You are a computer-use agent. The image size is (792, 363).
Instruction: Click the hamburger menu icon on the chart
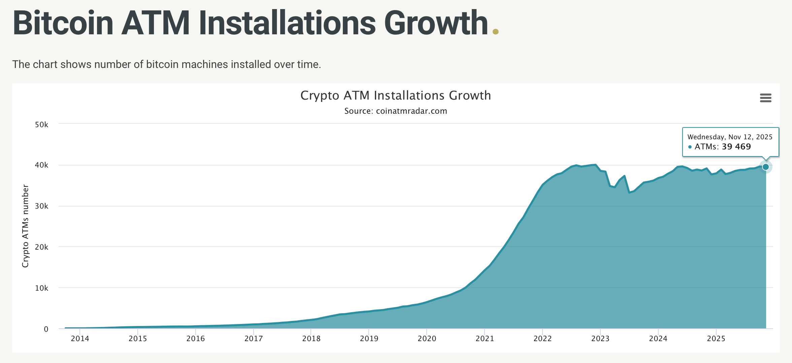[x=765, y=98]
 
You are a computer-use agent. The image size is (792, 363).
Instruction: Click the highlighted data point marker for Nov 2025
[x=765, y=167]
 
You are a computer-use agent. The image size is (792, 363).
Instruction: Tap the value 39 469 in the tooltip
[x=736, y=147]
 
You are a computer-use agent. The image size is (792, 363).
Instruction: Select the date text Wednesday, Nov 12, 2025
[x=730, y=137]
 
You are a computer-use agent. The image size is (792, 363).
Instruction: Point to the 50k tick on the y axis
[x=41, y=125]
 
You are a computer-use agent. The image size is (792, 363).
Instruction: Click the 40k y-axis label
[x=41, y=165]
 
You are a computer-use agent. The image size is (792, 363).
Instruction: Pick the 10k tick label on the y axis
[x=41, y=288]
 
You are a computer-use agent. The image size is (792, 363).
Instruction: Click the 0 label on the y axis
[x=46, y=329]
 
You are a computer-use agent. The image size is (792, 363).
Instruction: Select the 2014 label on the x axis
[x=80, y=339]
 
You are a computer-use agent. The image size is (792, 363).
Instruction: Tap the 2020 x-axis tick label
[x=427, y=339]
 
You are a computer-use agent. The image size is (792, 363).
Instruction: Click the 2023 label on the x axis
[x=600, y=339]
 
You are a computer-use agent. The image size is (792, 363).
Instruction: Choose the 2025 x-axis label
[x=716, y=339]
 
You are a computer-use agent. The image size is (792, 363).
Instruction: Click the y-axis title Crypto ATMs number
[x=25, y=226]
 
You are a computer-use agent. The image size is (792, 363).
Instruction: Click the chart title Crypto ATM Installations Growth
[x=395, y=96]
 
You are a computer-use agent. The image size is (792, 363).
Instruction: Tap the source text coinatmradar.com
[x=411, y=111]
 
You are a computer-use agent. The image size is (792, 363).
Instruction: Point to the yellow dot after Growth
[x=495, y=32]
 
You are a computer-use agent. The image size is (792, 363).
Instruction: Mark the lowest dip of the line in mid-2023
[x=629, y=192]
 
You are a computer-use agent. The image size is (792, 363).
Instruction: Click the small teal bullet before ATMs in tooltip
[x=690, y=147]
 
